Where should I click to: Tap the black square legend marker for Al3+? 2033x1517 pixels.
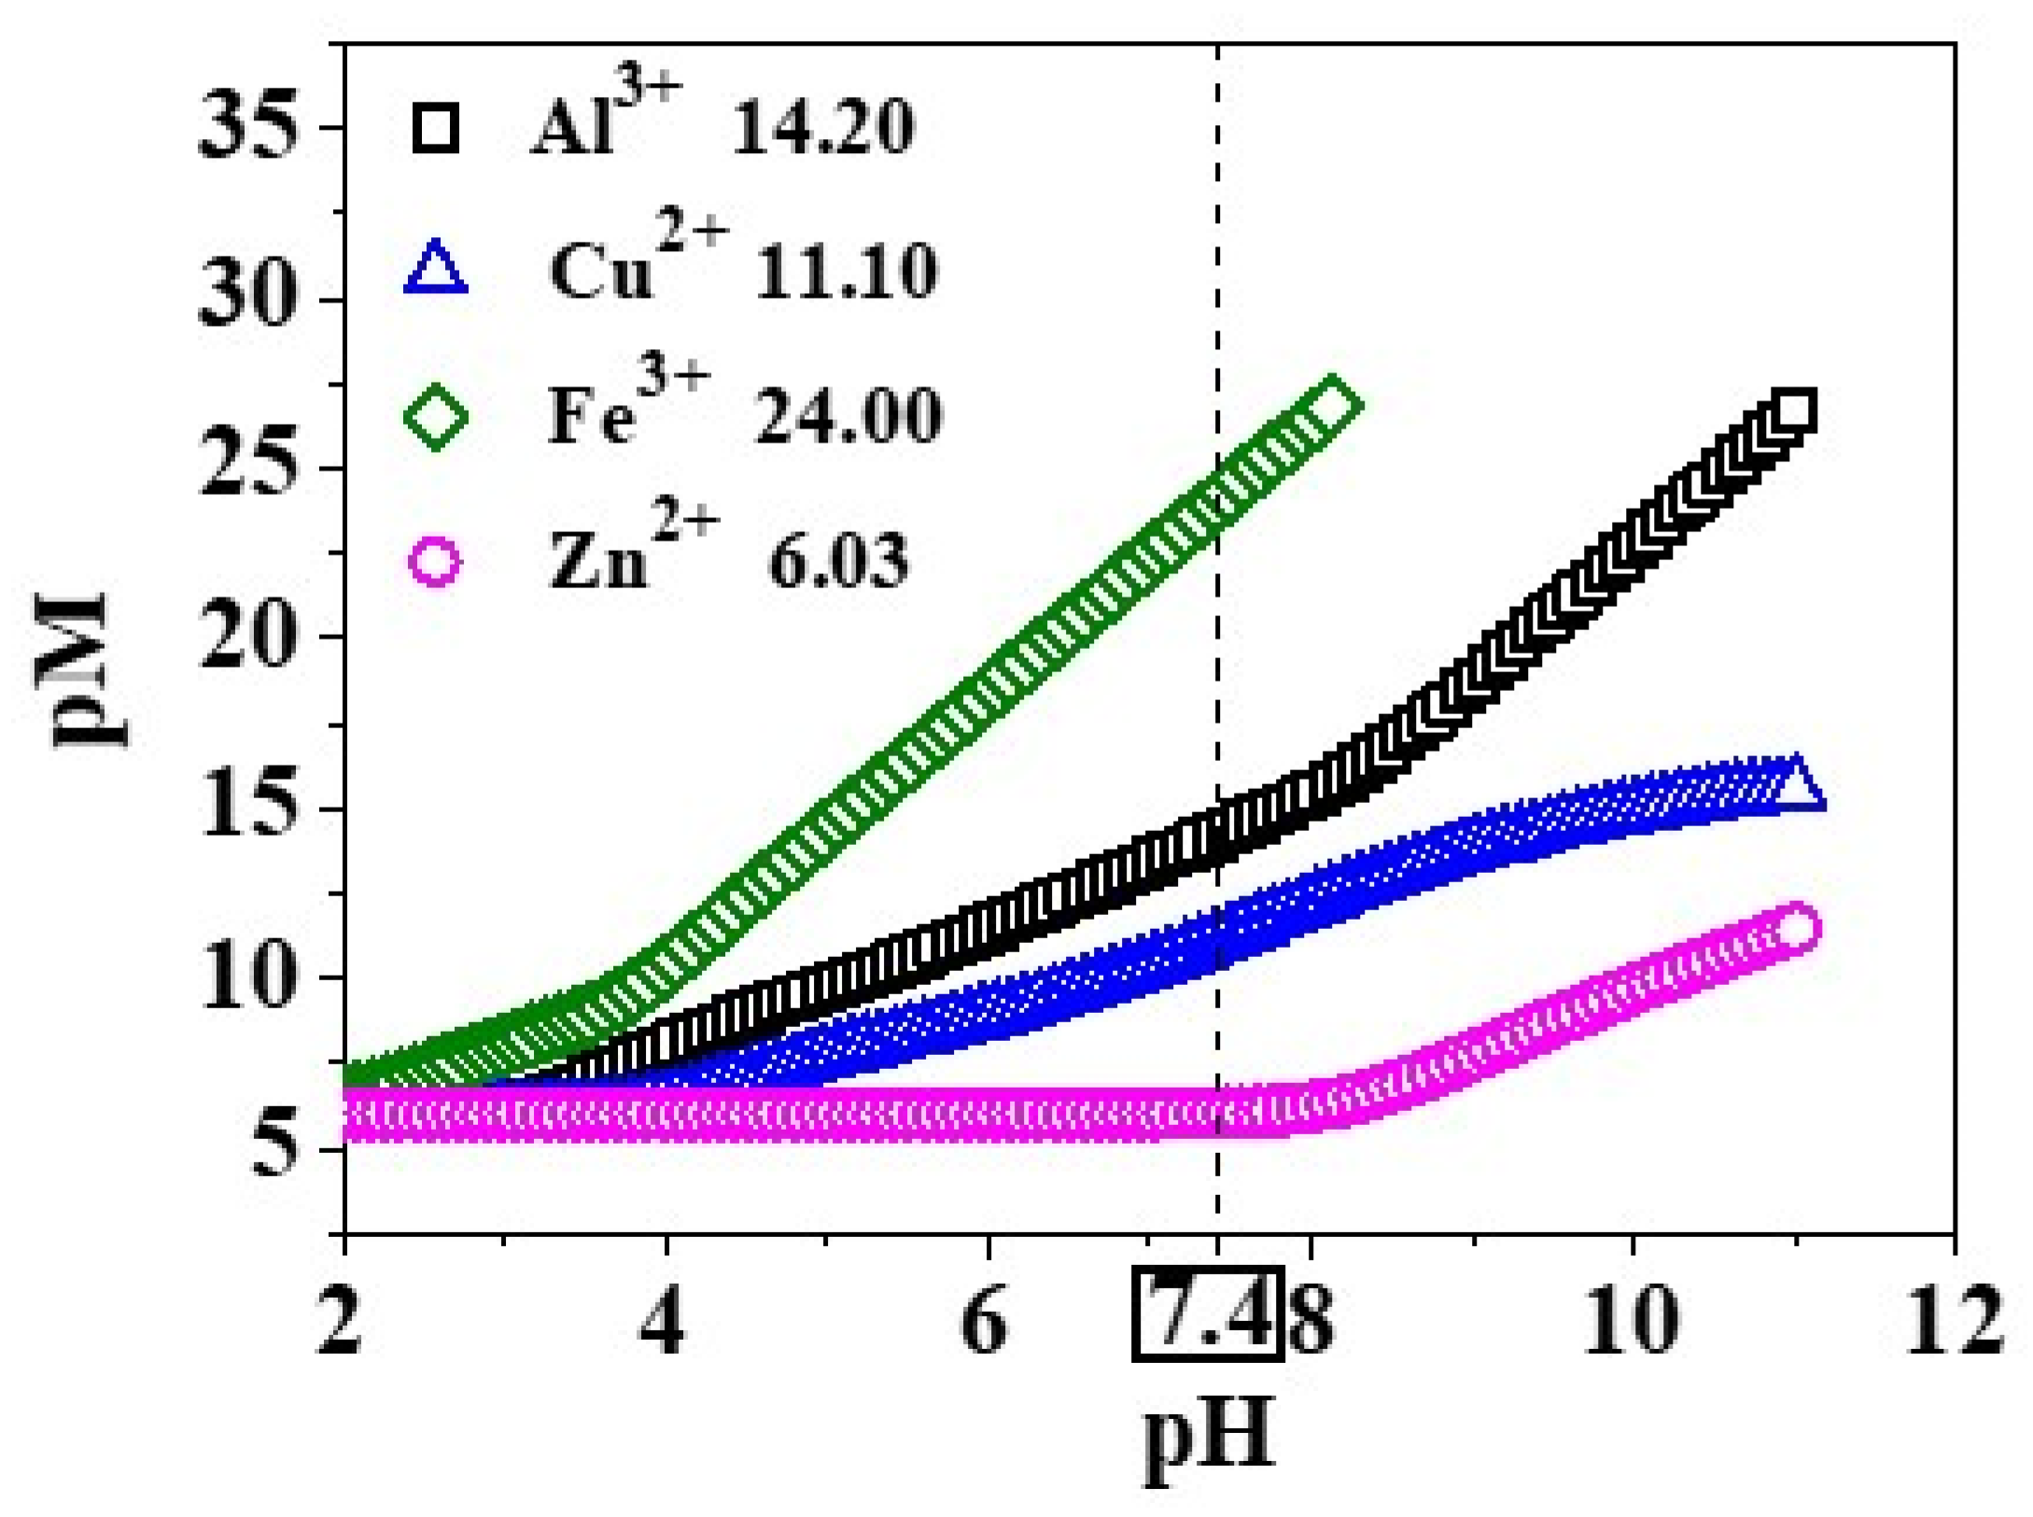pos(436,130)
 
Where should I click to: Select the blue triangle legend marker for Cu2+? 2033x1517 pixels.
pos(436,270)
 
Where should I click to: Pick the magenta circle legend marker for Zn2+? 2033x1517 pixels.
pos(436,563)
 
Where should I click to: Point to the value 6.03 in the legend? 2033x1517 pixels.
pos(837,563)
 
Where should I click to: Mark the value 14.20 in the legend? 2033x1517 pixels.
pos(821,130)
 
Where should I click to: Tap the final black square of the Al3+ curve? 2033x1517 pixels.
pos(1794,412)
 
